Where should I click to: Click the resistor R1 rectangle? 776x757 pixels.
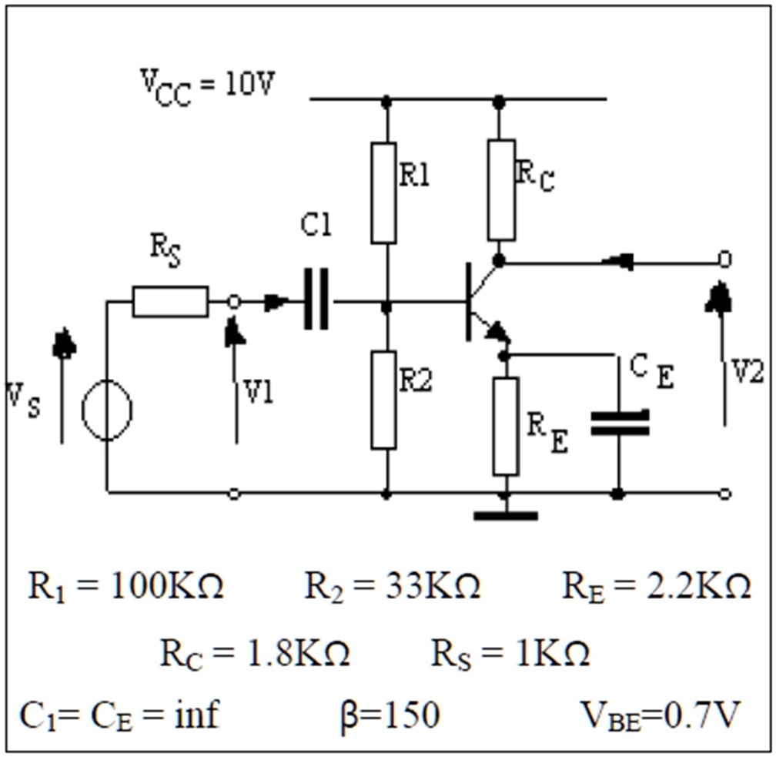click(383, 193)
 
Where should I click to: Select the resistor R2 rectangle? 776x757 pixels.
click(383, 400)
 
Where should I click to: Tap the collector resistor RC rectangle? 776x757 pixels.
click(501, 190)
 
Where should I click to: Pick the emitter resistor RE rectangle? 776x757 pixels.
click(506, 426)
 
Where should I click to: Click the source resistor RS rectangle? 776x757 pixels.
click(169, 301)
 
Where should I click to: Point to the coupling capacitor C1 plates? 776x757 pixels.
click(316, 299)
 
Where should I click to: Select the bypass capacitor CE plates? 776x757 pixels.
click(619, 423)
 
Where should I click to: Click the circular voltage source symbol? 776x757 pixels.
click(107, 410)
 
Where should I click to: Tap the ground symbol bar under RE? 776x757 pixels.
click(505, 515)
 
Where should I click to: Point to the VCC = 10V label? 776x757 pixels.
click(206, 85)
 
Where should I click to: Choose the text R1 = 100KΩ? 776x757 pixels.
click(126, 588)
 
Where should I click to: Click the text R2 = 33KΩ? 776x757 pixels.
click(393, 588)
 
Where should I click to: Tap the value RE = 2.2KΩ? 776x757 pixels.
click(656, 588)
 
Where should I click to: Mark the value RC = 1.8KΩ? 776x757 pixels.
click(255, 655)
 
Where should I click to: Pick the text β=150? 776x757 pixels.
click(390, 715)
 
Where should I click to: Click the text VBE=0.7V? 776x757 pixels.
click(660, 715)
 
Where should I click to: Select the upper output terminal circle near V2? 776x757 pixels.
click(724, 260)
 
